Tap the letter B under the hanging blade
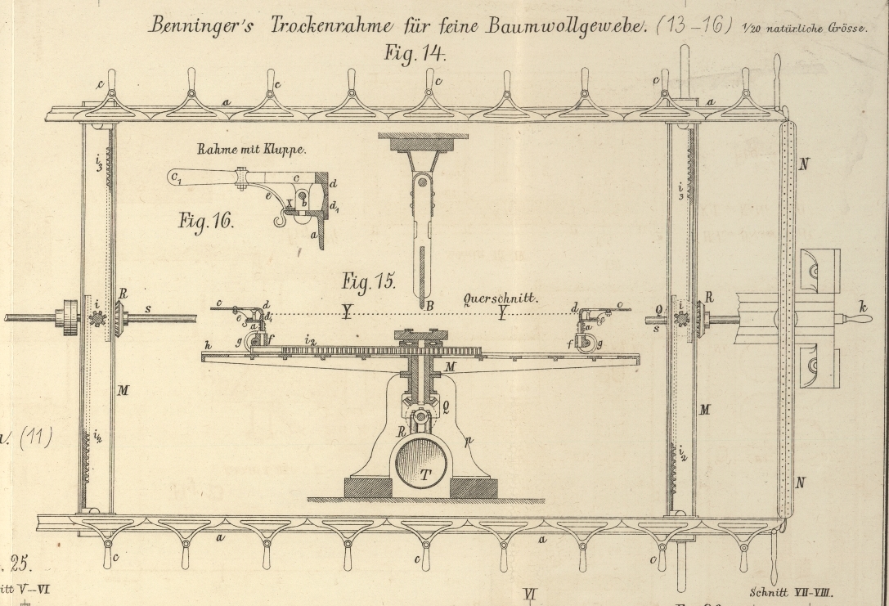pos(425,304)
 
